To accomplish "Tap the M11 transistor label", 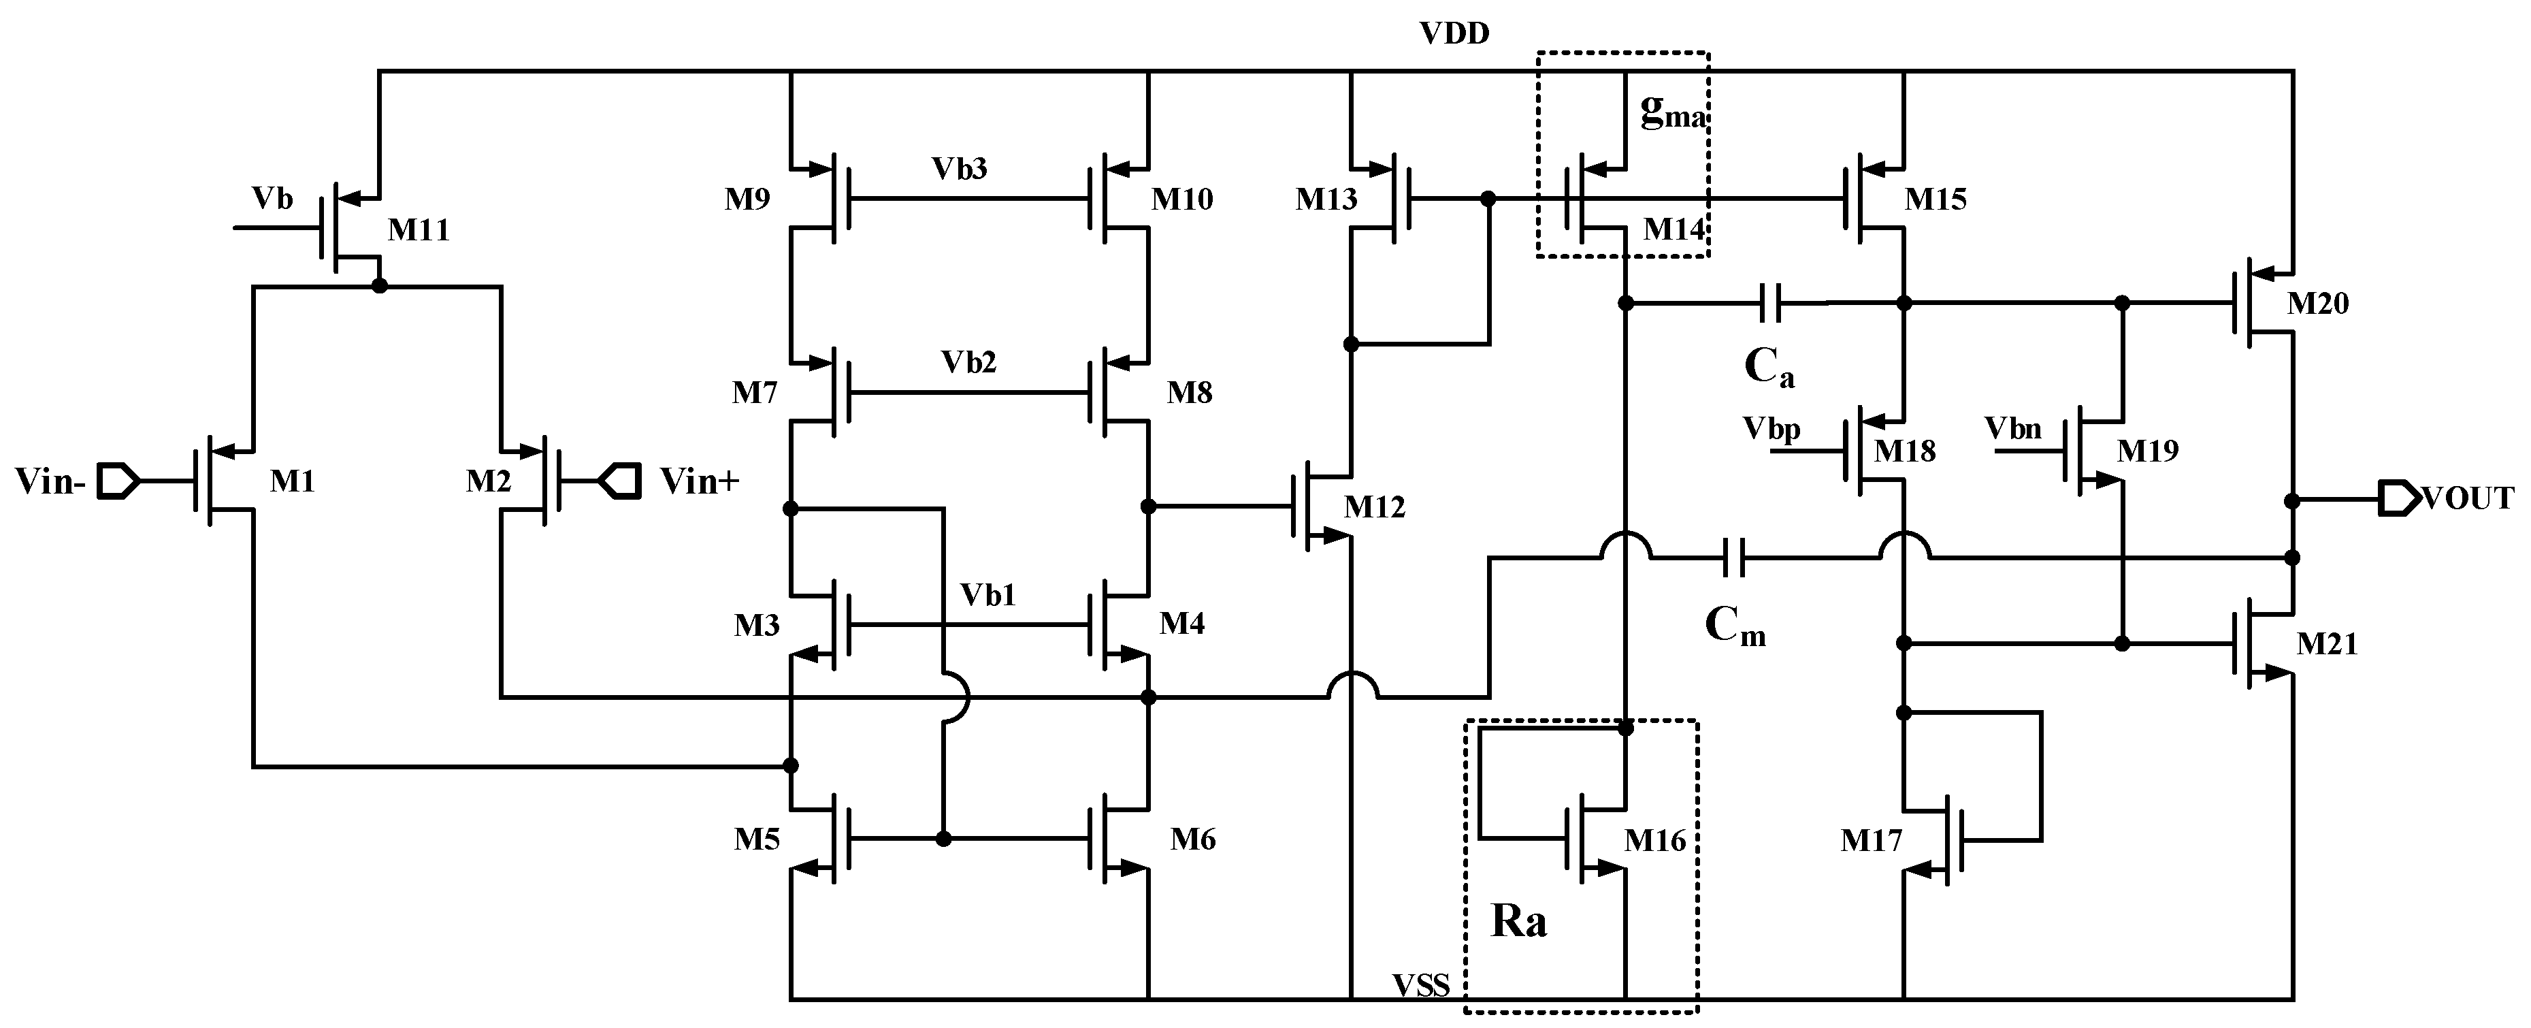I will [x=419, y=230].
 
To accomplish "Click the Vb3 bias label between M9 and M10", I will [x=960, y=169].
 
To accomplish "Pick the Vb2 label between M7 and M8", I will [x=968, y=363].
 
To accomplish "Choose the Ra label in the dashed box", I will [x=1519, y=921].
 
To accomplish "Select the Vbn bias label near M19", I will [x=2013, y=428].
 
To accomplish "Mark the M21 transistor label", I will [x=2327, y=645].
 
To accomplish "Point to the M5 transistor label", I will [x=757, y=839].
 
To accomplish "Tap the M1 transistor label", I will [x=292, y=481].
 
